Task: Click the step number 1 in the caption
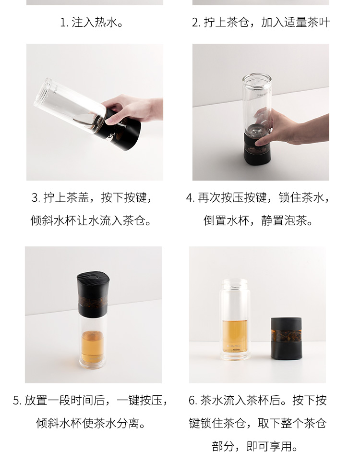[x=63, y=23]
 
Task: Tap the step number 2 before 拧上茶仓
[x=195, y=23]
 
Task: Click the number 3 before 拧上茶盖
[x=35, y=198]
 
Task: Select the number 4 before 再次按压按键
[x=189, y=198]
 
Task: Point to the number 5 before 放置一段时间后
[x=16, y=401]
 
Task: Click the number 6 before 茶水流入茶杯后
[x=192, y=401]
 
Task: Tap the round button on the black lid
[x=93, y=278]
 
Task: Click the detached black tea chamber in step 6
[x=286, y=339]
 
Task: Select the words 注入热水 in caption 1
[x=95, y=23]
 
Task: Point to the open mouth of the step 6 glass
[x=235, y=281]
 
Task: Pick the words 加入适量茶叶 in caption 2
[x=296, y=23]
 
